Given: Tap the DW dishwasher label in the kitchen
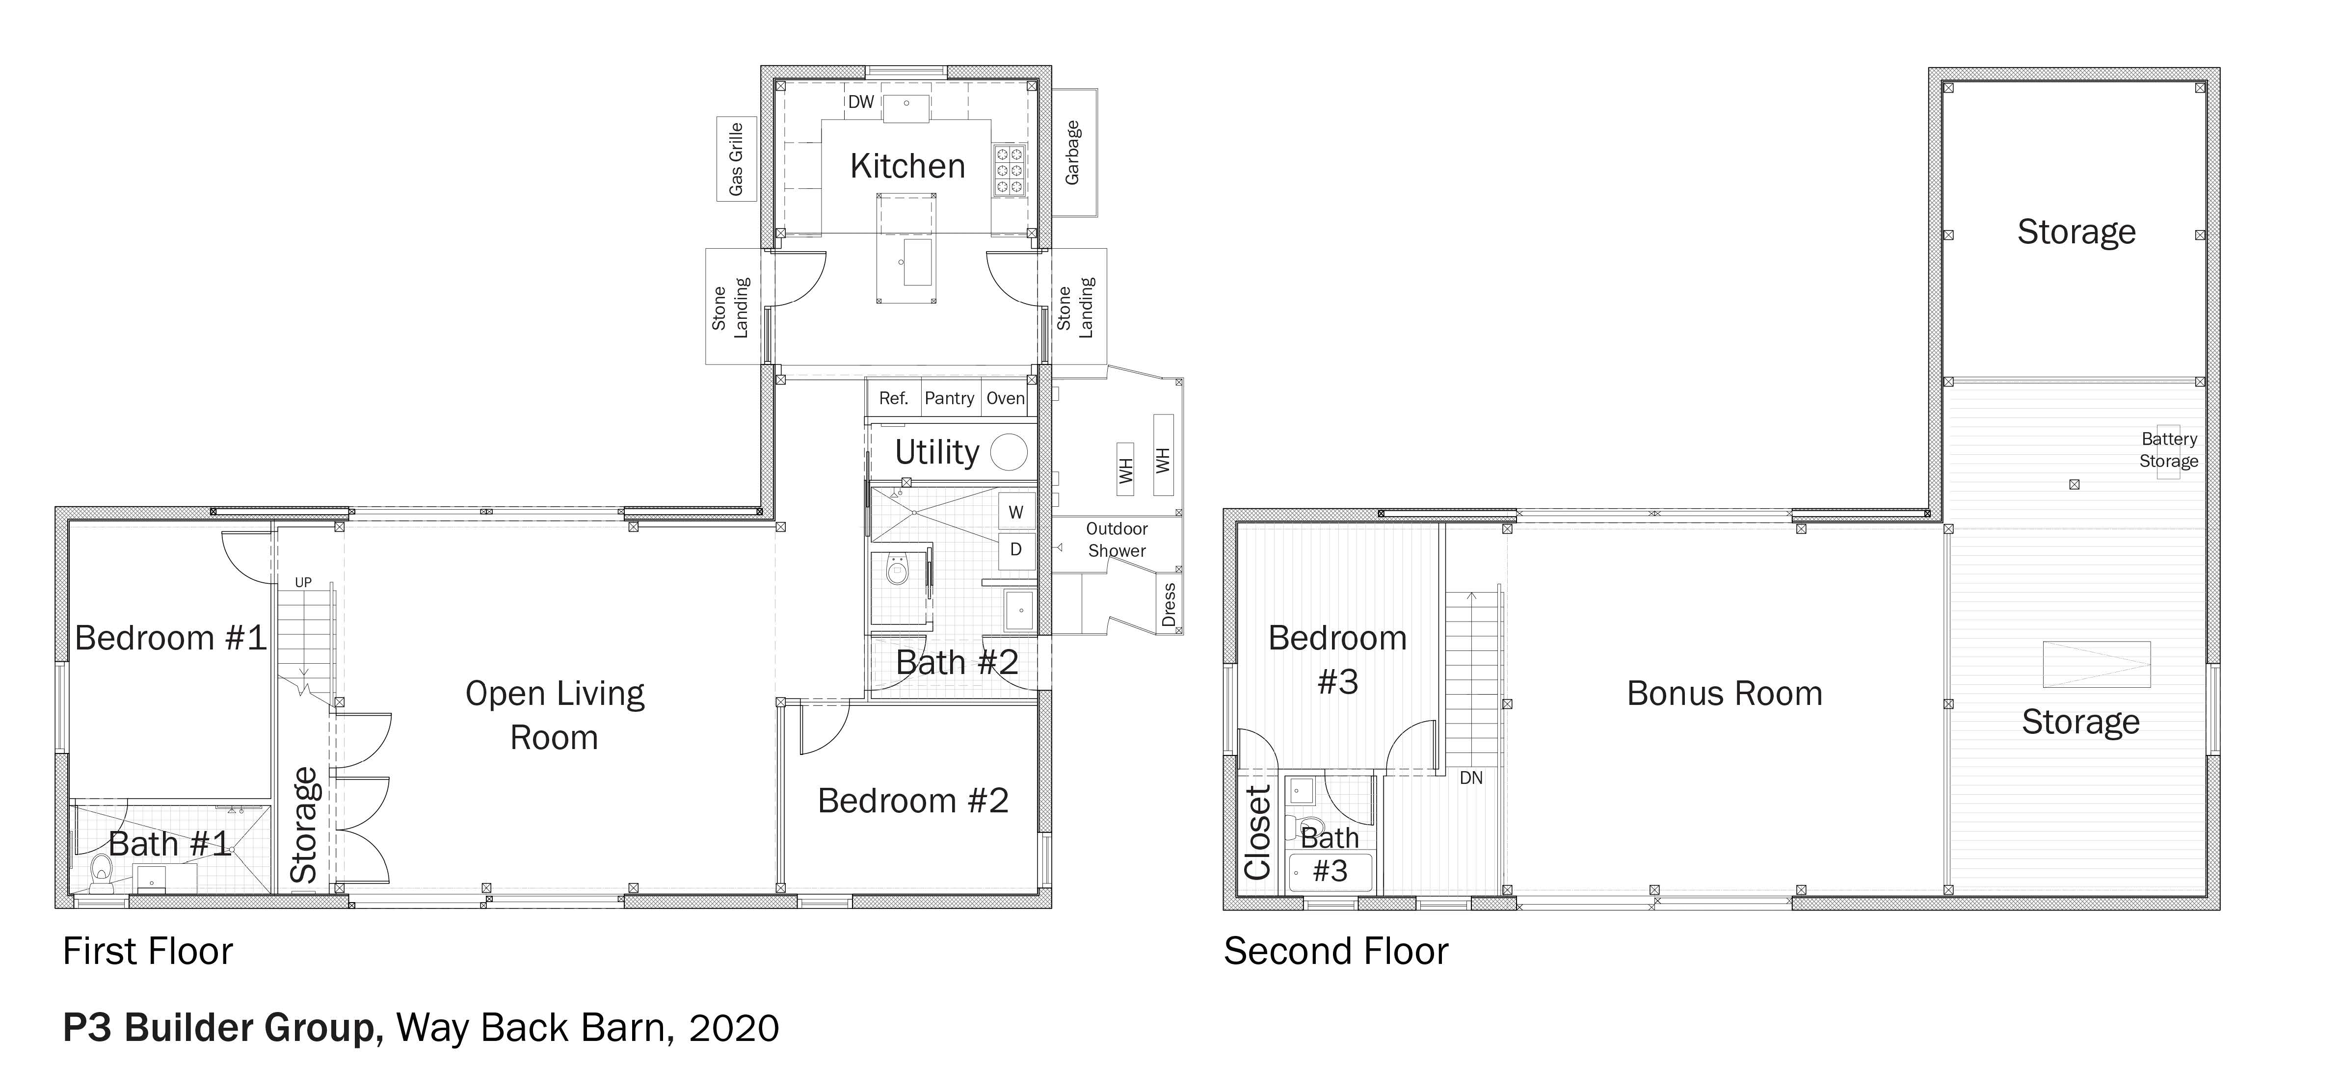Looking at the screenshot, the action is pyautogui.click(x=860, y=102).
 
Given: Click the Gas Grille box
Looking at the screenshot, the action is pyautogui.click(x=736, y=159).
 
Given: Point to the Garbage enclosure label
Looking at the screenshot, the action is pyautogui.click(x=1072, y=153).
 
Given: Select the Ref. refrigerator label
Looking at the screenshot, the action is pyautogui.click(x=893, y=398).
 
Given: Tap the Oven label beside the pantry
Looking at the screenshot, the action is pyautogui.click(x=1005, y=398).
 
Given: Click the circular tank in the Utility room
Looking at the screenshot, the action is pyautogui.click(x=1009, y=452).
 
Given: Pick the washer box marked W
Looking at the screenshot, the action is pyautogui.click(x=1016, y=512).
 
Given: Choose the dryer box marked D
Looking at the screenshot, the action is pyautogui.click(x=1016, y=549).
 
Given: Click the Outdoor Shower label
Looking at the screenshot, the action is pyautogui.click(x=1117, y=539).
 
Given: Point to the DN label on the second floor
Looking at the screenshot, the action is pyautogui.click(x=1471, y=778).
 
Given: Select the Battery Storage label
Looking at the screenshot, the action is pyautogui.click(x=2168, y=450).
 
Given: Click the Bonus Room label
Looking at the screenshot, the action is pyautogui.click(x=1725, y=694).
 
